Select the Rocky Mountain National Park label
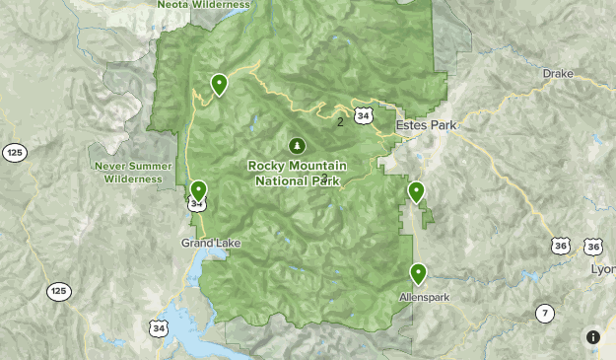point(296,174)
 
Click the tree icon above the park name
point(297,145)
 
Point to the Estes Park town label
point(426,125)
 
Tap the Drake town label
point(557,74)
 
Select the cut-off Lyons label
point(602,268)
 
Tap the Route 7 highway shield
point(545,314)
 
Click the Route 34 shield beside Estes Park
point(366,116)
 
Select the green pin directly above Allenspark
point(418,273)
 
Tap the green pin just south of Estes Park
point(416,191)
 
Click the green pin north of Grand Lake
point(199,189)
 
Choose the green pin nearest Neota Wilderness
point(218,85)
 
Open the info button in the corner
point(592,336)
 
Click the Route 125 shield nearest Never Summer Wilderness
point(14,152)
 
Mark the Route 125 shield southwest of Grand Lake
point(58,292)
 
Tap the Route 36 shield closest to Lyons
point(592,247)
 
